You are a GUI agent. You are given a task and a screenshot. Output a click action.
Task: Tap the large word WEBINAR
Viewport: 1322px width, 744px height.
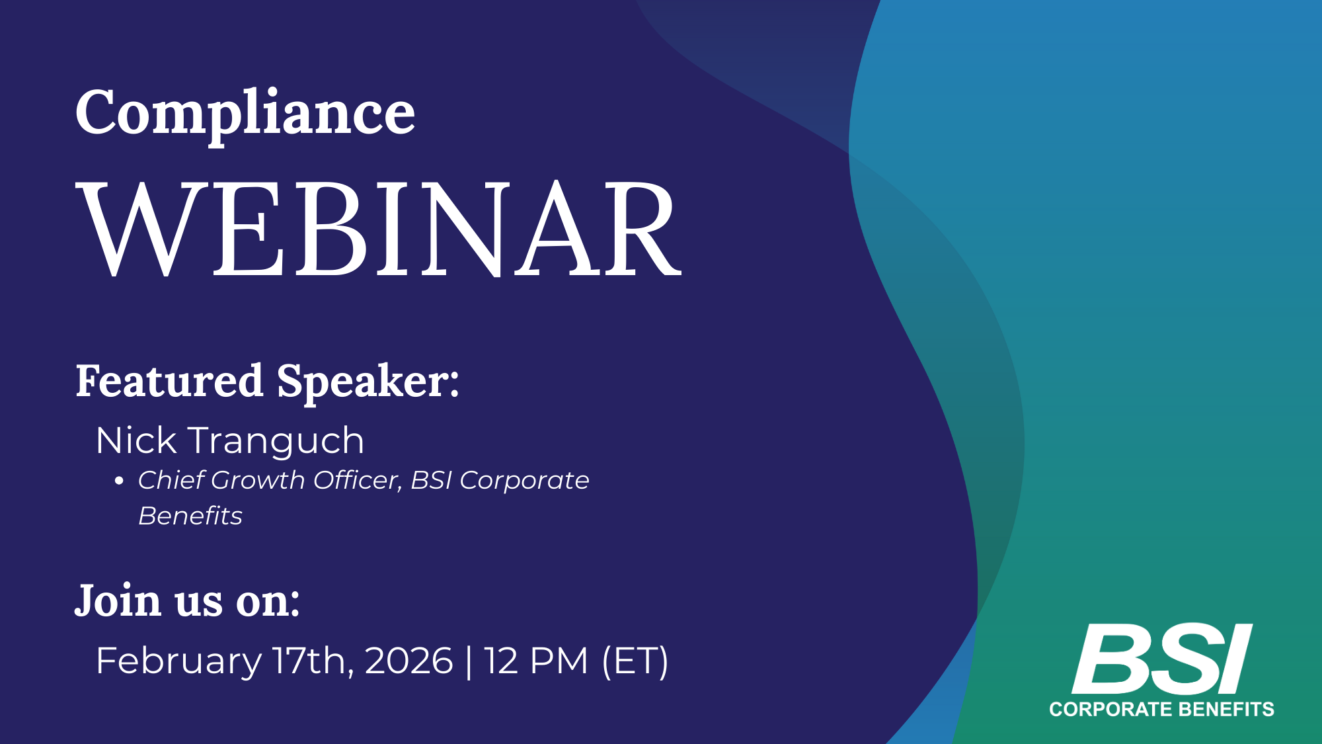[x=379, y=228]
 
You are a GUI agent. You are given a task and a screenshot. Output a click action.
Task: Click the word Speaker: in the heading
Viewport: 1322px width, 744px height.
[x=368, y=383]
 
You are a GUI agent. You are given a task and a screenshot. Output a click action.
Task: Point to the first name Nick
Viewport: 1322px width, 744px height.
[x=136, y=440]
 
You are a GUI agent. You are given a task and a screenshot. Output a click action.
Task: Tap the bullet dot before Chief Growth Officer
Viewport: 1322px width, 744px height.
[x=119, y=481]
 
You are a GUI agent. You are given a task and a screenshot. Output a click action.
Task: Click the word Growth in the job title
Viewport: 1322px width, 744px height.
[x=258, y=480]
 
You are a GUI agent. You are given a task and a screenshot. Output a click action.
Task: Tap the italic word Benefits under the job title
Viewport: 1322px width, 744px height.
[x=190, y=516]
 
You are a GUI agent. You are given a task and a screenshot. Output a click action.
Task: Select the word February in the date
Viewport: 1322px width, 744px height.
[x=179, y=662]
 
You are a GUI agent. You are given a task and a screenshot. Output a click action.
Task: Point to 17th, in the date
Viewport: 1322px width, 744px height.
[x=313, y=661]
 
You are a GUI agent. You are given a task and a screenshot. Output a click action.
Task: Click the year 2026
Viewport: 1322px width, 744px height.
[x=408, y=661]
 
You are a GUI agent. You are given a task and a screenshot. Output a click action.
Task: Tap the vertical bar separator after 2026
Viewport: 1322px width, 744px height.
[x=469, y=661]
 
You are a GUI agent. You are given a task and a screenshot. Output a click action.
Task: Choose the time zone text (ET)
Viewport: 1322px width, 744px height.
[x=635, y=661]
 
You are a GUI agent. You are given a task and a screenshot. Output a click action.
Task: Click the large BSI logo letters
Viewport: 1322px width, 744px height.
[x=1162, y=659]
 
